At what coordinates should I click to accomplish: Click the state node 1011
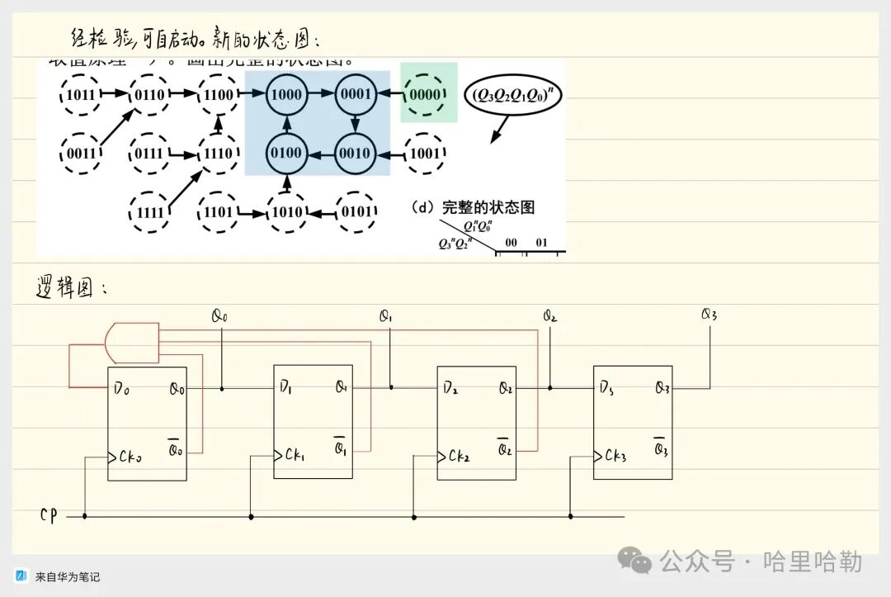point(81,94)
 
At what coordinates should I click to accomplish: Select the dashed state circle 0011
point(81,153)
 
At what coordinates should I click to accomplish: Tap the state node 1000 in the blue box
point(286,94)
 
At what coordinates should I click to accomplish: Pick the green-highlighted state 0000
point(426,94)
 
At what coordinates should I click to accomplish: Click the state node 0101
point(356,211)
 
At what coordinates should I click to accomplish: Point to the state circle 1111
point(150,211)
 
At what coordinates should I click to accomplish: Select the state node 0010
point(356,153)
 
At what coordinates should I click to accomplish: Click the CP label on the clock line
point(49,515)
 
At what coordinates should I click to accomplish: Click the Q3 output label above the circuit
point(709,315)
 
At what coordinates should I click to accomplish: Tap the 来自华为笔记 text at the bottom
point(68,576)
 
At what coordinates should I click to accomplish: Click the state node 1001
point(426,153)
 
